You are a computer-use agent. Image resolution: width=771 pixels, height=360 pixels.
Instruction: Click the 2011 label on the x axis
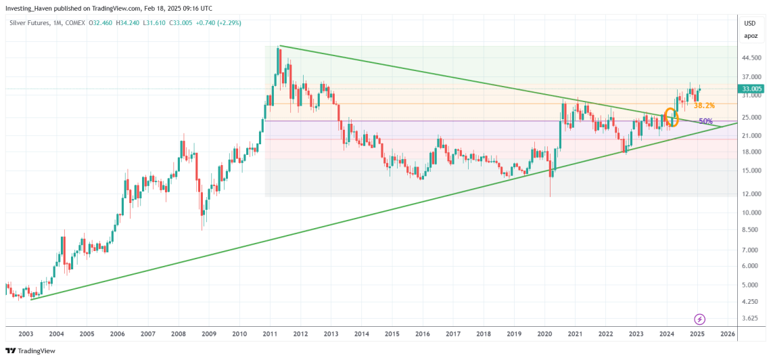(270, 334)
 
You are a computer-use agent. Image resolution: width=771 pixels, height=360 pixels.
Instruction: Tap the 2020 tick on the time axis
(544, 334)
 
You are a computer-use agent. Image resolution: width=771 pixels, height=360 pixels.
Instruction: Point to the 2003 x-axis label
(26, 334)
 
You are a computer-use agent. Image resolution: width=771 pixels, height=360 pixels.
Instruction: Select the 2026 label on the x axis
(728, 334)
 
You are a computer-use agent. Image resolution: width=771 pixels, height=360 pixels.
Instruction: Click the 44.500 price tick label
(752, 58)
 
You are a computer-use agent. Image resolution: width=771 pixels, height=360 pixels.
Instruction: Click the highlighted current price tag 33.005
(752, 89)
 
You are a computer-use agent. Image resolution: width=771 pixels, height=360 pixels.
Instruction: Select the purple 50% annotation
(705, 121)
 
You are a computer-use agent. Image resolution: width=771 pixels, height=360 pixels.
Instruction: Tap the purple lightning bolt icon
(700, 319)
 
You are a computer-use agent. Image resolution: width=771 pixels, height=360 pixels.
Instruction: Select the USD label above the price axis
(750, 22)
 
